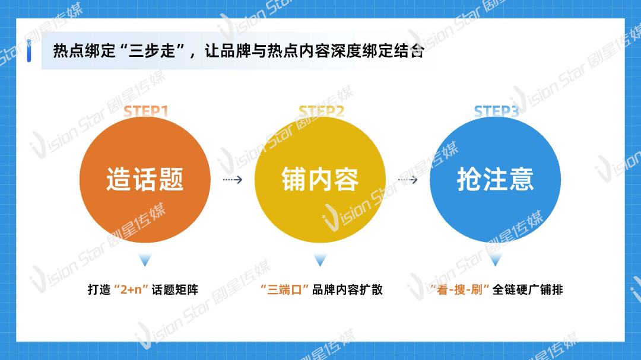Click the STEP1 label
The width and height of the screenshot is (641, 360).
coord(146,111)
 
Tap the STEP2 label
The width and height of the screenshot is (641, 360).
coord(321,111)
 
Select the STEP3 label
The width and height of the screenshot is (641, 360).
coord(496,111)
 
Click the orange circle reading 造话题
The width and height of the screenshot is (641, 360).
coord(145,179)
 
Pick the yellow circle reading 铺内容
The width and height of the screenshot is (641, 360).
coord(320,179)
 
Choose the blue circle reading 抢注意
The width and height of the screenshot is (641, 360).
coord(495,179)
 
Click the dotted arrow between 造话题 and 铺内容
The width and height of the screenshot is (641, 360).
coord(233,179)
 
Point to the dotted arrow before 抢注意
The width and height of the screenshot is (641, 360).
coord(408,179)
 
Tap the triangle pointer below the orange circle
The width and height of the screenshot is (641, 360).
coord(145,260)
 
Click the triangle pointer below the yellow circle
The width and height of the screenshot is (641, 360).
coord(320,260)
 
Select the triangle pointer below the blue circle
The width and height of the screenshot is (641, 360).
coord(495,260)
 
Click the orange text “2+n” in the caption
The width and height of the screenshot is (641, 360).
coord(131,289)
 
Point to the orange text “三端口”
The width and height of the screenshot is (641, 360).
coord(284,289)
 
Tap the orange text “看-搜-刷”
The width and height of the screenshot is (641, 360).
coord(459,289)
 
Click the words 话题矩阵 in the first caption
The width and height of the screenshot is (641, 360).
coord(175,289)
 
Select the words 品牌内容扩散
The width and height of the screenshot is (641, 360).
coord(347,289)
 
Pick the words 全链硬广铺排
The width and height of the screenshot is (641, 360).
coord(528,289)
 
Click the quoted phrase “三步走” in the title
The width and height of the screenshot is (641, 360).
coord(153,51)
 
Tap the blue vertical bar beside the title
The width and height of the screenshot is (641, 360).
coord(29,50)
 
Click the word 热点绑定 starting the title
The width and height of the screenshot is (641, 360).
coord(85,51)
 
